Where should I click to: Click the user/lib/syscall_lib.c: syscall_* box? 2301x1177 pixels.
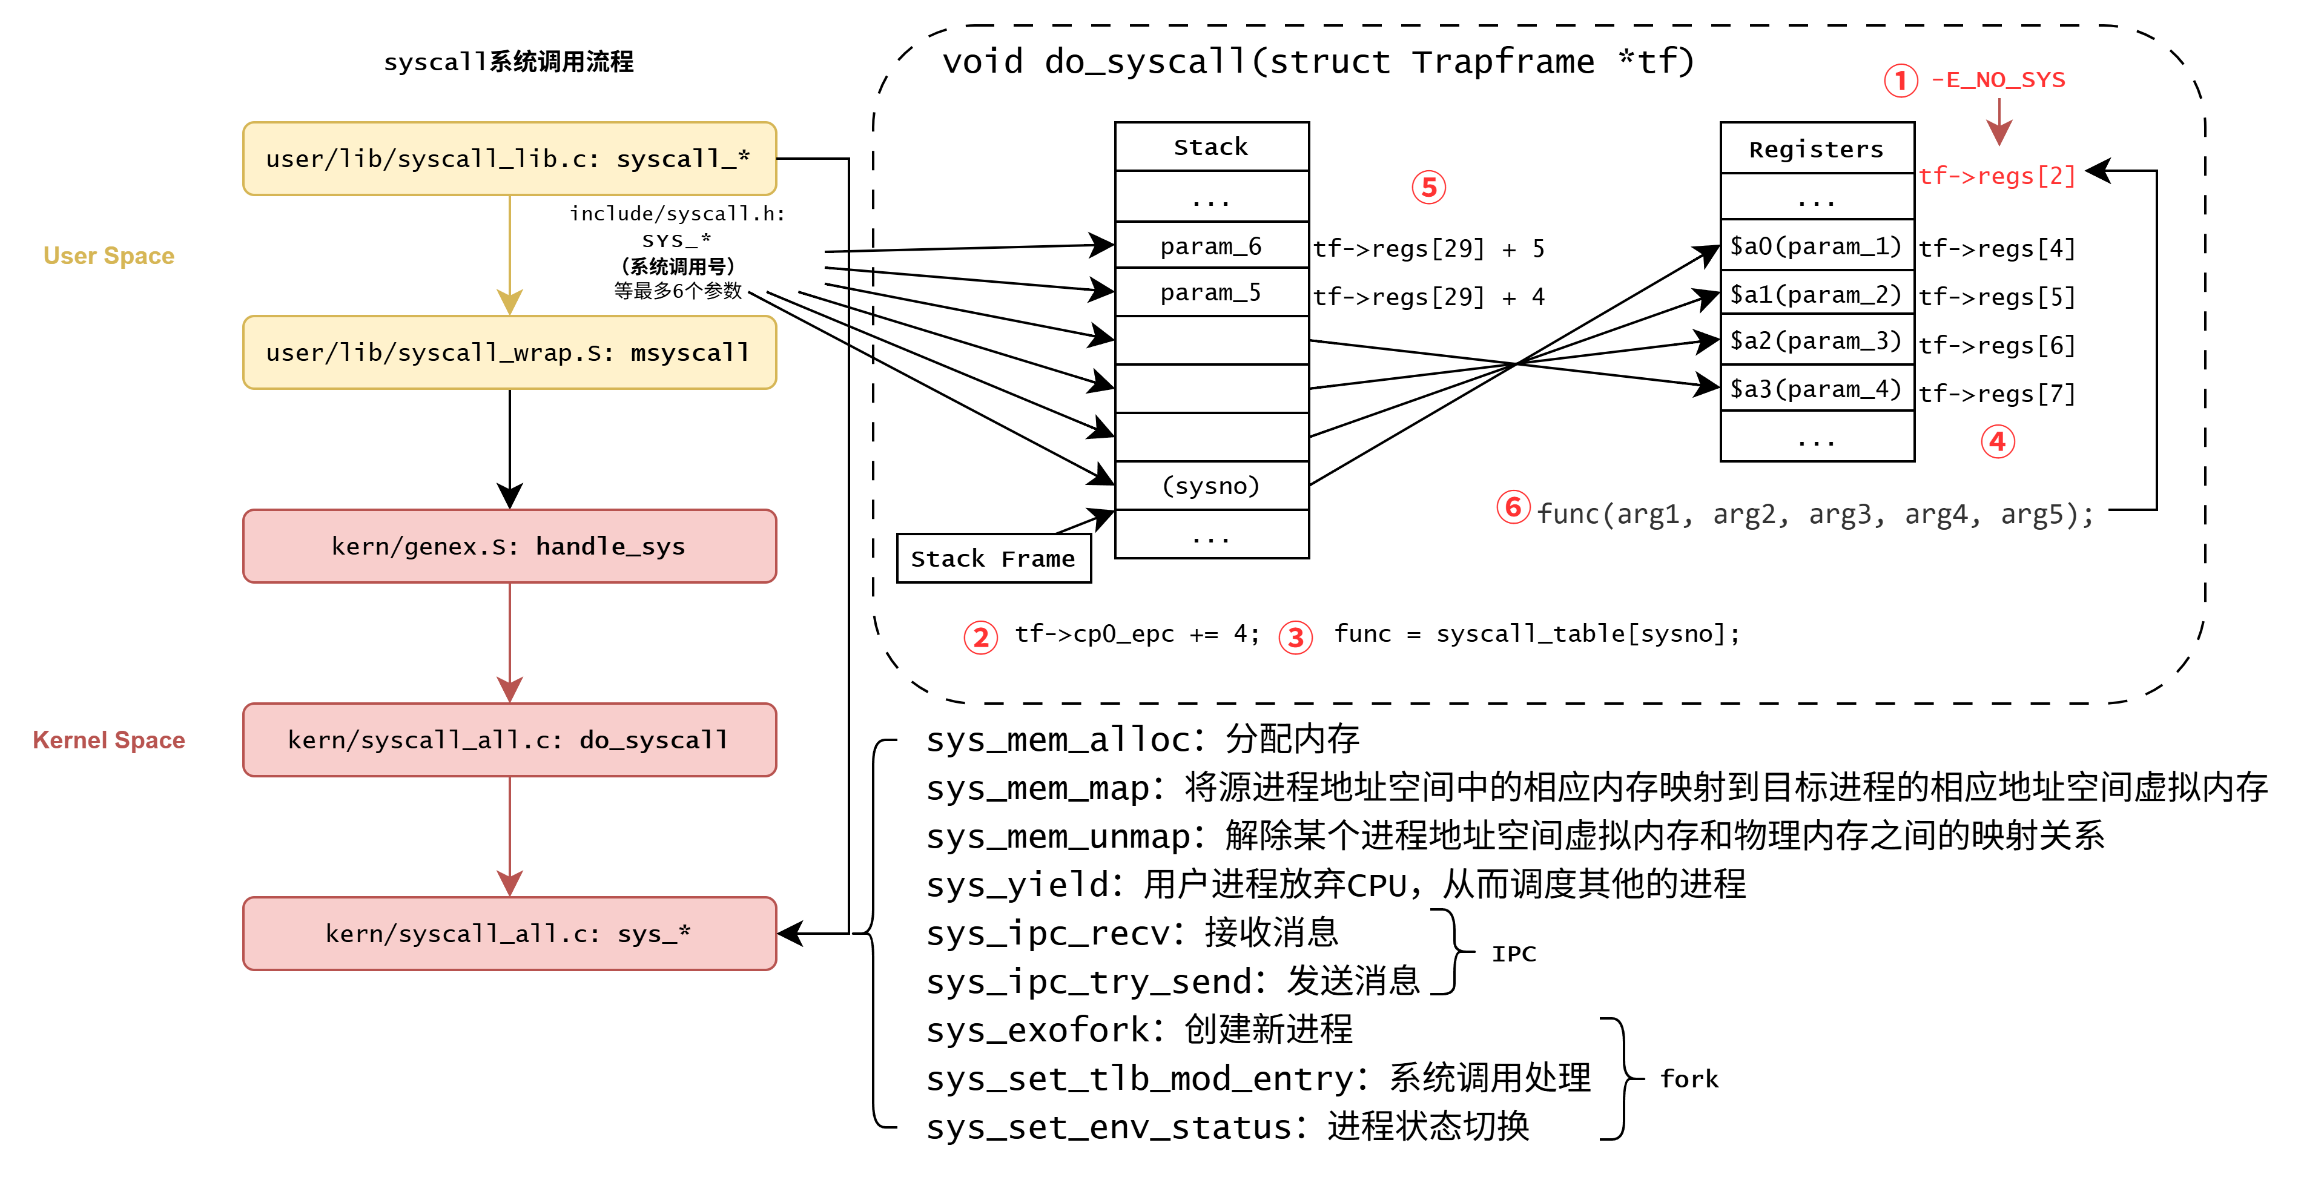point(509,159)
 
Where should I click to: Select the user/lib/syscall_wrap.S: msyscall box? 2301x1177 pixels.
point(509,353)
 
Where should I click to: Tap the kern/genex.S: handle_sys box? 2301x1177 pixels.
point(509,547)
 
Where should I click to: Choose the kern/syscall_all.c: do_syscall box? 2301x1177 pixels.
point(509,740)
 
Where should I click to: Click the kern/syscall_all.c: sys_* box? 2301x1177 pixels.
point(509,934)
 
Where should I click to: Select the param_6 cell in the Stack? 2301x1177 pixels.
point(1210,246)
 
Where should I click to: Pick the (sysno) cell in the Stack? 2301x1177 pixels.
point(1210,486)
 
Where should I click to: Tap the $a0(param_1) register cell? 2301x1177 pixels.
point(1816,246)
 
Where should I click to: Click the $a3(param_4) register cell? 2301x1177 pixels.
point(1816,389)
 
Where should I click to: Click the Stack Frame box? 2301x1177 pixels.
point(992,559)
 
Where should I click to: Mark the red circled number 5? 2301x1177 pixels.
point(1428,188)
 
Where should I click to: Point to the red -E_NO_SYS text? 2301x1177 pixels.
point(1998,81)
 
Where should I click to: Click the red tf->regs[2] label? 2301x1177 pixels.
point(1996,176)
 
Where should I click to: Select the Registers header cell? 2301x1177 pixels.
point(1816,149)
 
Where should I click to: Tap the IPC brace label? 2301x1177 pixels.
point(1513,954)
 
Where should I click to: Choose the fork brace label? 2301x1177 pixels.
point(1688,1079)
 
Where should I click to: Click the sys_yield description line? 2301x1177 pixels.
point(1335,884)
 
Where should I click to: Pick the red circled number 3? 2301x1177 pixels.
point(1295,638)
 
